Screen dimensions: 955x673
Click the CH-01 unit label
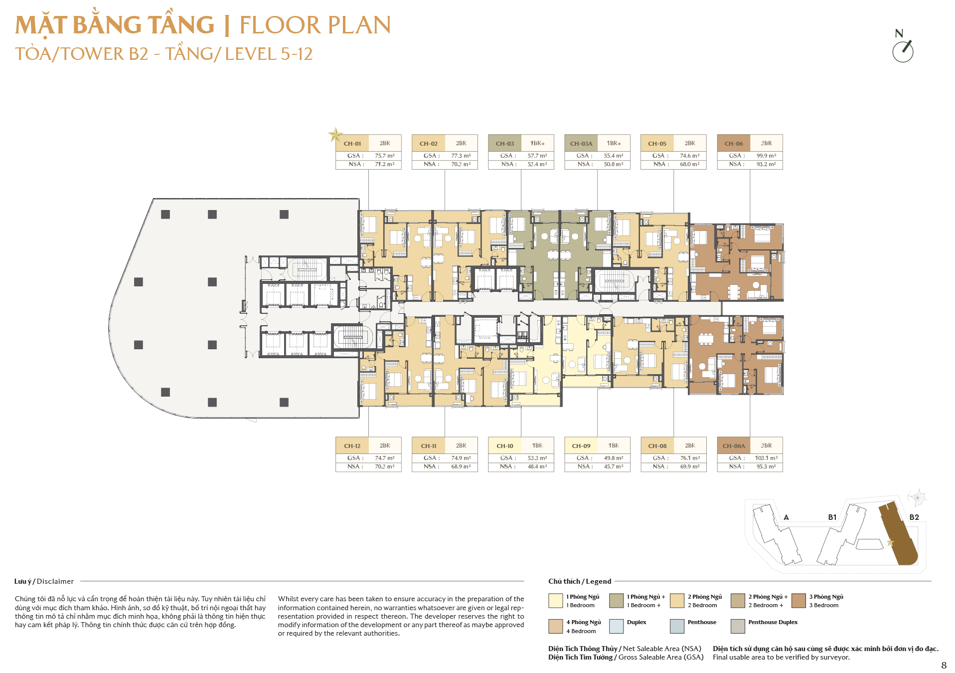[x=352, y=144]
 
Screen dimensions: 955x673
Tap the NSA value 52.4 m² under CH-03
[x=537, y=164]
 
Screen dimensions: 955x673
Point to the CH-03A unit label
[x=581, y=144]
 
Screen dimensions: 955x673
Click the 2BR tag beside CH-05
[x=690, y=143]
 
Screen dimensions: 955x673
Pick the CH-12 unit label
[x=352, y=446]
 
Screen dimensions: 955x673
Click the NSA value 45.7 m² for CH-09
[x=614, y=466]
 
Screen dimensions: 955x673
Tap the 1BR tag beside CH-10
[x=537, y=446]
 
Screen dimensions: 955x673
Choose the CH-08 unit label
[x=657, y=446]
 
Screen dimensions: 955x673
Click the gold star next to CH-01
[x=335, y=135]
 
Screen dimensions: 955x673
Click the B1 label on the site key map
[x=832, y=517]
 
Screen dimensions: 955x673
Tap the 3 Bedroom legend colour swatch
[x=798, y=601]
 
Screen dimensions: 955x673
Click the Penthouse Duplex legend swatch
[x=738, y=626]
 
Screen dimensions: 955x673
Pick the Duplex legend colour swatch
[x=617, y=626]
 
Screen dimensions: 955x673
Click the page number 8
[x=944, y=666]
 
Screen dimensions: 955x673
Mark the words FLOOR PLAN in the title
[x=315, y=25]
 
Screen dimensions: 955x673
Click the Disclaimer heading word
[x=55, y=581]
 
